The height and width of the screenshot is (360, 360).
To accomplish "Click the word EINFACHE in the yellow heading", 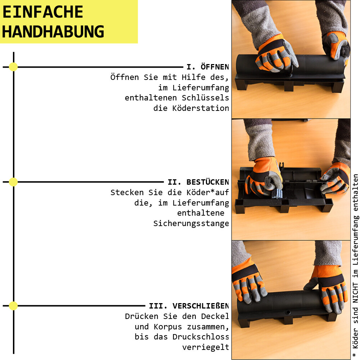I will point(43,12).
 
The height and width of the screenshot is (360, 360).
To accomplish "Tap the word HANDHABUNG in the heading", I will point(53,32).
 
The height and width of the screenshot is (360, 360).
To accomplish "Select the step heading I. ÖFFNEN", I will point(208,67).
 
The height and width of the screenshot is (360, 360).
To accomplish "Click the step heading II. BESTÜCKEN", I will point(198,182).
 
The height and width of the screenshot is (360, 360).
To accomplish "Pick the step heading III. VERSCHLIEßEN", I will point(189,306).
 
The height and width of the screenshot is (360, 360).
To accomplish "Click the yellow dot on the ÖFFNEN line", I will point(13,67).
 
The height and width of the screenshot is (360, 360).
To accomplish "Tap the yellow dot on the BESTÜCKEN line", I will point(13,182).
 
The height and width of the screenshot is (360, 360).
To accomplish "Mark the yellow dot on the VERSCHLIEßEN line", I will point(13,306).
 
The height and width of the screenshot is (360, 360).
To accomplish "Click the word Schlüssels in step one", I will point(205,98).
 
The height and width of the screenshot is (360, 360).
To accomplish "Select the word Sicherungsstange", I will point(191,223).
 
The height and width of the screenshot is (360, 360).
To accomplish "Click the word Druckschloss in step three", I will point(201,337).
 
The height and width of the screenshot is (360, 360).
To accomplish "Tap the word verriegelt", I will point(206,347).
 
